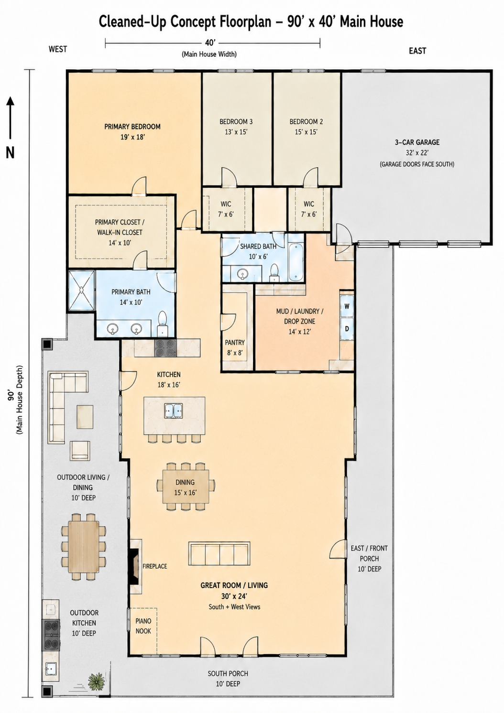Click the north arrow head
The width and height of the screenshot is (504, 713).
coord(11,101)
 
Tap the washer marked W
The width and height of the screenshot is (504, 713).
coord(347,306)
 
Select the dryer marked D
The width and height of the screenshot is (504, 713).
coord(347,328)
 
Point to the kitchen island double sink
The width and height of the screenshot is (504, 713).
coord(173,411)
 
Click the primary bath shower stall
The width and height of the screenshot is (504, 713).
coord(82,290)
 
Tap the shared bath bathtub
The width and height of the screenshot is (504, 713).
coord(296,262)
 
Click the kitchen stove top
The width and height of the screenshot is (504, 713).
coord(165,348)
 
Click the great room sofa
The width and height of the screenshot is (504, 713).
coord(219,554)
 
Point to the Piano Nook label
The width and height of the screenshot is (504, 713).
coord(143,626)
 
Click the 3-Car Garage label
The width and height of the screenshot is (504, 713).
coord(417,142)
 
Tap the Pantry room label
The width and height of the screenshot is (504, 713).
coord(235,343)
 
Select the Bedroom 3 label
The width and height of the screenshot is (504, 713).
coord(236,121)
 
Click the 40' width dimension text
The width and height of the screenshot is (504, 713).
coord(209,43)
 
